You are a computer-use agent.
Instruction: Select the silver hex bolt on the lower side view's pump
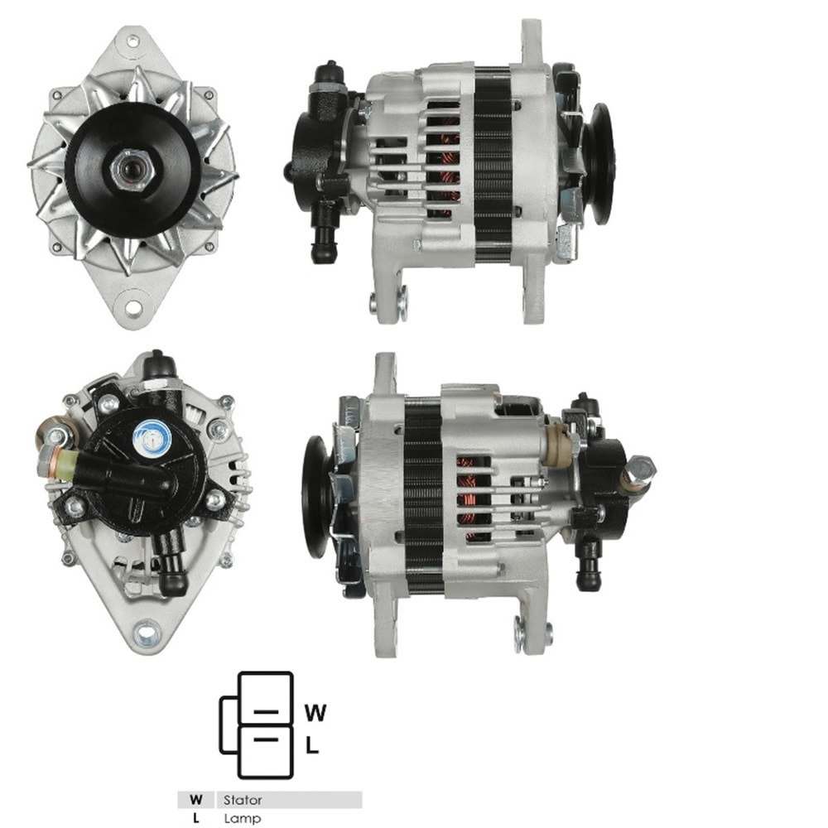click(x=641, y=469)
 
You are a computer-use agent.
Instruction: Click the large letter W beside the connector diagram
click(x=315, y=712)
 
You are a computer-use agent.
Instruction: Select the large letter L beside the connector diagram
click(x=312, y=745)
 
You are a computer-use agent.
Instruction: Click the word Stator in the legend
click(x=242, y=800)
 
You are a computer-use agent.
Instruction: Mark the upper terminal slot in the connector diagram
click(x=265, y=712)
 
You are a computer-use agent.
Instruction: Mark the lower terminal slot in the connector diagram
click(x=265, y=739)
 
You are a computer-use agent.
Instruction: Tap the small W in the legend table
click(x=196, y=800)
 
